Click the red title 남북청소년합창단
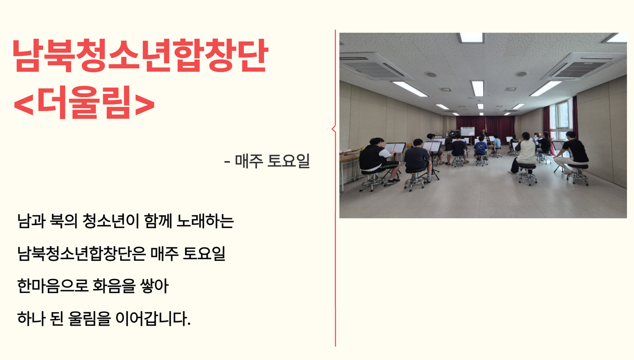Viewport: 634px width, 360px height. (x=140, y=55)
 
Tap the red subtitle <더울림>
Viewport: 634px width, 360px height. (x=84, y=102)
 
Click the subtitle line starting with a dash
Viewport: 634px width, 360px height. (x=267, y=161)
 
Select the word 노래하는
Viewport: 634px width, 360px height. (x=205, y=221)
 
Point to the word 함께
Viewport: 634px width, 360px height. (x=157, y=221)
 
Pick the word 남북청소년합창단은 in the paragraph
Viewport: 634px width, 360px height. (x=82, y=253)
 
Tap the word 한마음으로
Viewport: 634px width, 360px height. (x=53, y=285)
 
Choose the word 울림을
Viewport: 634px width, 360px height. (x=90, y=318)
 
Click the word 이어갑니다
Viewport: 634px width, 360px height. (x=153, y=318)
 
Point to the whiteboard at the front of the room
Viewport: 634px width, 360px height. (x=467, y=132)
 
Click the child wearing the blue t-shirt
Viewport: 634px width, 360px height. (x=481, y=150)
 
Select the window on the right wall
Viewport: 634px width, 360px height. (x=561, y=116)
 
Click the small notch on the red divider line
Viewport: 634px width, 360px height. (x=333, y=129)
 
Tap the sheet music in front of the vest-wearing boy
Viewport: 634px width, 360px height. (x=395, y=148)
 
